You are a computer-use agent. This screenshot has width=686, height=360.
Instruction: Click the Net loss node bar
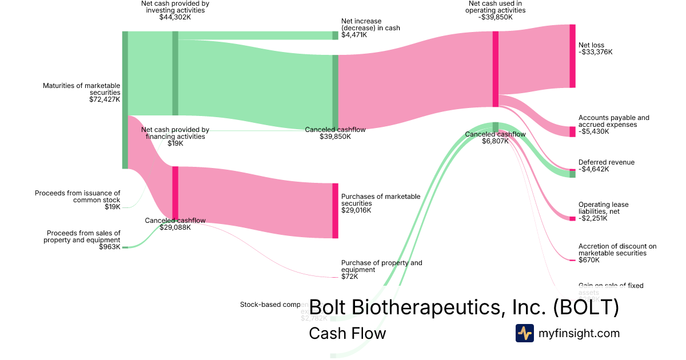coord(572,56)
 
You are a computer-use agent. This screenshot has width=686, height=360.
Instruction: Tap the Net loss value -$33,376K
coord(595,52)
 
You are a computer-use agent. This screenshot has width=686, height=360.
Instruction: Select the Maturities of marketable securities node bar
coord(125,100)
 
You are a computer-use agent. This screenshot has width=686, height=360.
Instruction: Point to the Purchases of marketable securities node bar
coord(336,210)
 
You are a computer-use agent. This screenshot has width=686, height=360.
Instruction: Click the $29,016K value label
coord(356,210)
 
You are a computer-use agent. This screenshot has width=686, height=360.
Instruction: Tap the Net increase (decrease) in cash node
coord(336,35)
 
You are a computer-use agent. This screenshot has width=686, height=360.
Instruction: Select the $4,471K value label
coord(354,35)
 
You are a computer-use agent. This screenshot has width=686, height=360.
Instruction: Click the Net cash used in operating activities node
coord(496,69)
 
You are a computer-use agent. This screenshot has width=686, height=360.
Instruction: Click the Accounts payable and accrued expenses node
coord(572,131)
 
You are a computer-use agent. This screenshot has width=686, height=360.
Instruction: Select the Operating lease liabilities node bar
coord(572,218)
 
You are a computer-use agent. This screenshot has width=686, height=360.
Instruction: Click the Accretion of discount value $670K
coord(589,260)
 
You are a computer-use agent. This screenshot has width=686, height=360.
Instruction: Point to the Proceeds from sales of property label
coord(82,237)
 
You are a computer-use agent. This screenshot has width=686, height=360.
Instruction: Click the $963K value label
coord(110,247)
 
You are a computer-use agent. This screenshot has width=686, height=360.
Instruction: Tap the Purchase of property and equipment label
coord(381,266)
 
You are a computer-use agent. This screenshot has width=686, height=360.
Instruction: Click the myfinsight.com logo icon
coord(524,333)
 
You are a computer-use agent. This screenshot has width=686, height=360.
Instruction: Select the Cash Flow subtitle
coord(347,333)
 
